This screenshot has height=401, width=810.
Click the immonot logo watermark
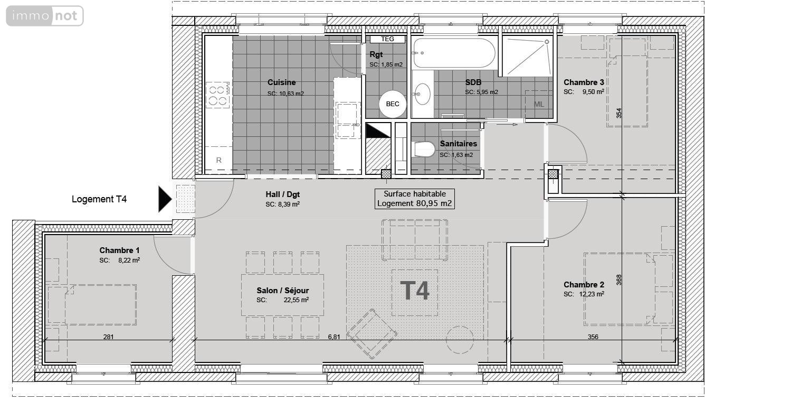45,16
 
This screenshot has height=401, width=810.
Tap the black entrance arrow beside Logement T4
165,199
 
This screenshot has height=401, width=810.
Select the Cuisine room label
281,82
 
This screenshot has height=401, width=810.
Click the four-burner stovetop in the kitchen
218,96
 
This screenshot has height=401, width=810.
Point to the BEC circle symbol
393,104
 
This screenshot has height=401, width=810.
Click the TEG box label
387,39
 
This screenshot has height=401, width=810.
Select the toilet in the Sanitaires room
424,150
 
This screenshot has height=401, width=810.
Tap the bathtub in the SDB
454,53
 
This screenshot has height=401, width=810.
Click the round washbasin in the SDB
422,95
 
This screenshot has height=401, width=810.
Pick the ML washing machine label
539,104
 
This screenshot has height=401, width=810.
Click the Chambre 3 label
584,82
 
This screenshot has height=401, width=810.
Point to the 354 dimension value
620,113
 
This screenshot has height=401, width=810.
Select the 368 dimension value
620,279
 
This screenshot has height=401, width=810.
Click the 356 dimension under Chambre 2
593,337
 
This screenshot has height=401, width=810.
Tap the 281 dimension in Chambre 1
109,337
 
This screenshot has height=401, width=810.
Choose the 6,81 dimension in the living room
333,337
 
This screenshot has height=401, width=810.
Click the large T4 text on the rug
415,291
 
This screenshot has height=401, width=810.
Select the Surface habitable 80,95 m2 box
415,199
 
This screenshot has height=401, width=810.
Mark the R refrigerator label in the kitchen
218,160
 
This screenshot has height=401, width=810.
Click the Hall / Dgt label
283,194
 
